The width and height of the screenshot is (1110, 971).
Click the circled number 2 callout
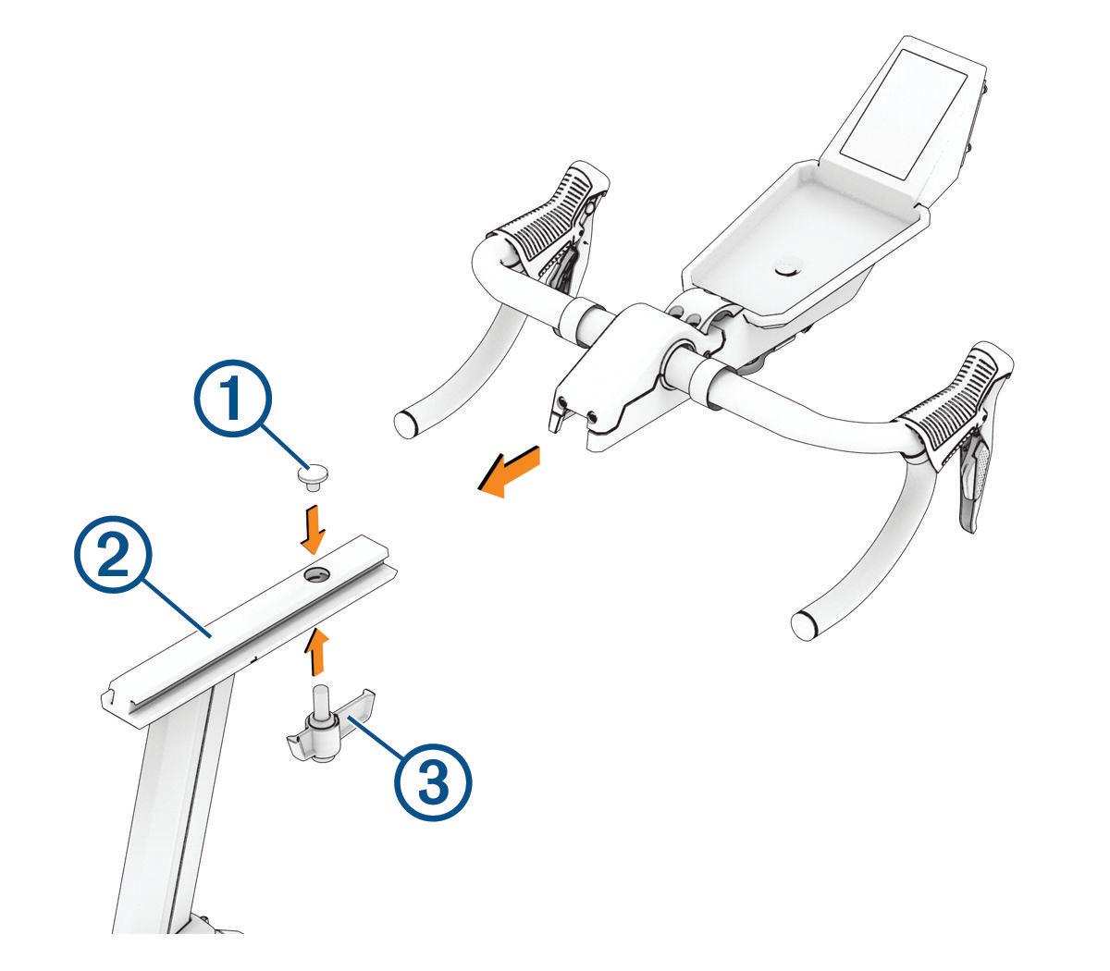click(x=114, y=555)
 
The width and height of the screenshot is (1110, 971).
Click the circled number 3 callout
click(x=432, y=781)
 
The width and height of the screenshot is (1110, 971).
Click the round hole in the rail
click(x=315, y=574)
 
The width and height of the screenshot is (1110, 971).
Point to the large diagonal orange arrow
click(x=509, y=471)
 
